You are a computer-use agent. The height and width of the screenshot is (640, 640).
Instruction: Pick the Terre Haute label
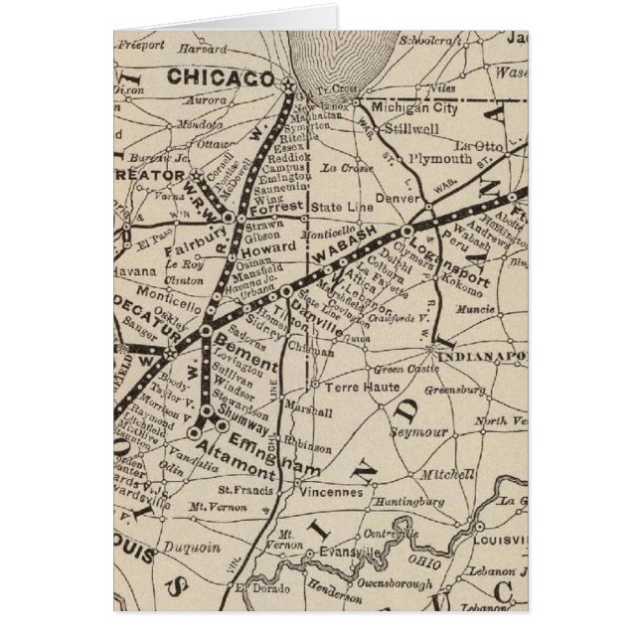pyautogui.click(x=349, y=384)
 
